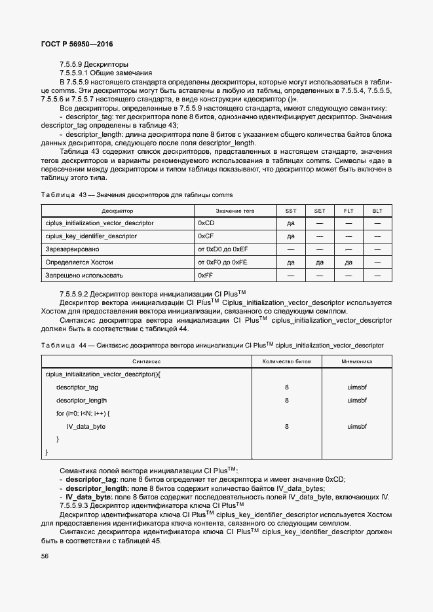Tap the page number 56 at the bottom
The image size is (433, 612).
point(45,556)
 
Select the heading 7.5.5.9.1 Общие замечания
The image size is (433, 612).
point(105,73)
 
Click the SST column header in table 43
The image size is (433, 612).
point(291,211)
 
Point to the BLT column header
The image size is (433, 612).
point(377,211)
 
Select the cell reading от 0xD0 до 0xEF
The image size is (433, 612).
point(223,249)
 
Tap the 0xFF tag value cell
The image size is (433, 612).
point(205,276)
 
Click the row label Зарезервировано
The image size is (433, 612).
point(73,249)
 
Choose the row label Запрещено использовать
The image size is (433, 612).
point(84,276)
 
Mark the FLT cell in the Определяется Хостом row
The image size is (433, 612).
point(348,262)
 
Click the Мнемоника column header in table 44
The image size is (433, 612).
point(357,361)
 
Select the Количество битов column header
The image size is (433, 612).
point(286,361)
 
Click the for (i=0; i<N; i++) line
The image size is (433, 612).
point(83,414)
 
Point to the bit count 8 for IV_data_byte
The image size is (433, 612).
point(286,427)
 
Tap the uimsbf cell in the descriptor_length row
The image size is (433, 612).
point(357,401)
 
